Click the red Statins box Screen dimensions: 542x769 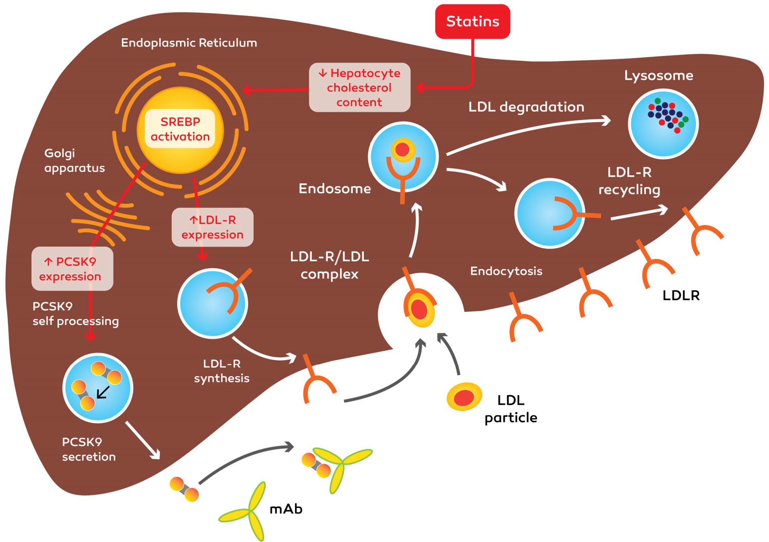coord(472,21)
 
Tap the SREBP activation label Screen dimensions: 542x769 coord(180,129)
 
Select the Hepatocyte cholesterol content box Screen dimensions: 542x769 coord(359,88)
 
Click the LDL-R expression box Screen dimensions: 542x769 coord(212,227)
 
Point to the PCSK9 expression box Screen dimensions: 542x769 coord(72,269)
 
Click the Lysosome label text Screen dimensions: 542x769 coord(658,76)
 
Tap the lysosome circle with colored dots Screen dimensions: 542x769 coord(663,124)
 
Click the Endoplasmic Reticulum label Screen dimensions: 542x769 coord(189,43)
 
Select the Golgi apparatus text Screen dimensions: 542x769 coord(74,160)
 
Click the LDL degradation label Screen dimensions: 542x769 coord(526,107)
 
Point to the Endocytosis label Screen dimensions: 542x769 coord(506,271)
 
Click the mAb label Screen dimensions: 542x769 coord(286,509)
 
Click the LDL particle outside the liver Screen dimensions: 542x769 coord(464,397)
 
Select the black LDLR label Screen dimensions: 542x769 coord(681,295)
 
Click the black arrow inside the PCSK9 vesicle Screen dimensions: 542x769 coord(103,392)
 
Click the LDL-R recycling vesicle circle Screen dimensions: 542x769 coord(550,213)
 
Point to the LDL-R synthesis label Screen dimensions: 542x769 coord(221,371)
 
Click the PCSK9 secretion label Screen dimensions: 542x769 coord(89,449)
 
